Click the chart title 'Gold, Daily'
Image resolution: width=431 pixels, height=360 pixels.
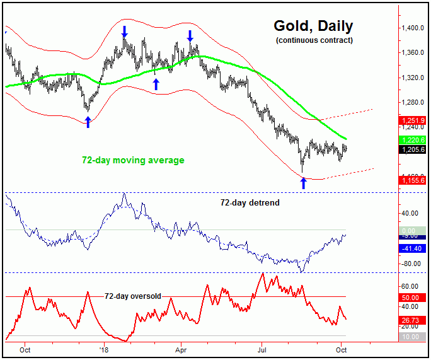[313, 26]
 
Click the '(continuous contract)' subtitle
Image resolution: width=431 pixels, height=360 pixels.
[314, 40]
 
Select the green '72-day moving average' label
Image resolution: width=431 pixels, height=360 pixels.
[133, 160]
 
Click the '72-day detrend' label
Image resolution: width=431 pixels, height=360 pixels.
[250, 202]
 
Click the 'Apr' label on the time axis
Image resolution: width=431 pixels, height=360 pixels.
[181, 348]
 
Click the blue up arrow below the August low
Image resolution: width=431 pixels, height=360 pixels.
[303, 183]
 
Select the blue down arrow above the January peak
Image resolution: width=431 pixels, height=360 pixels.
[124, 32]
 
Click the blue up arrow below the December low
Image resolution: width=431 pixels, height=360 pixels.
[88, 122]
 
